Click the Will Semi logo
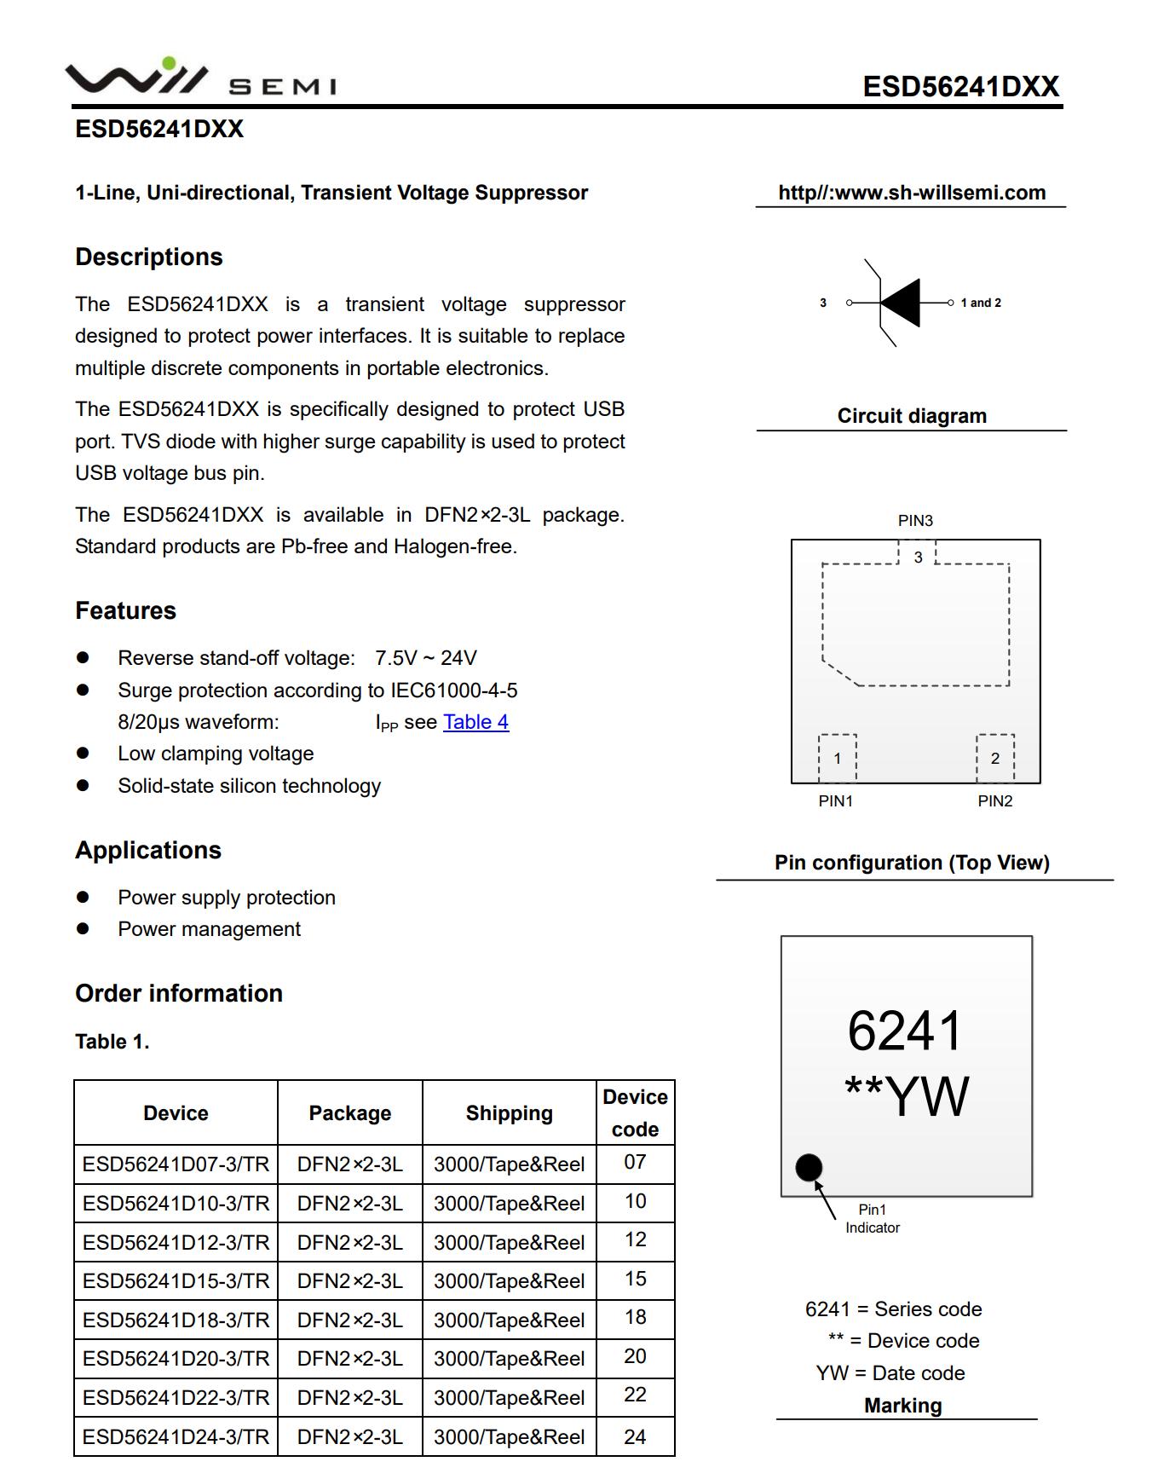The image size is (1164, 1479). [200, 78]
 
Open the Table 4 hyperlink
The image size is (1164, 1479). [475, 722]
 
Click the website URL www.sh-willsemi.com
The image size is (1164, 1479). [912, 193]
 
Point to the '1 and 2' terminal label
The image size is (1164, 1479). [981, 303]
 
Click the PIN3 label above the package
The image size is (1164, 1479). [915, 520]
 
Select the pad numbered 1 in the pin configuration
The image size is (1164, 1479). [838, 758]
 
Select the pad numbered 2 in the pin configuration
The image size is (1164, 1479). [994, 758]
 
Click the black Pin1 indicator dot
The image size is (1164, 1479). [809, 1167]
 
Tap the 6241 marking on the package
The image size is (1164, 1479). [905, 1031]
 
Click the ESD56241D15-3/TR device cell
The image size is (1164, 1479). [176, 1280]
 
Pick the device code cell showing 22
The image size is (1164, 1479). [635, 1395]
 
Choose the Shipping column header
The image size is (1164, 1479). [509, 1113]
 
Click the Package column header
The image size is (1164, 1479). [349, 1113]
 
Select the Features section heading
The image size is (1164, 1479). [125, 611]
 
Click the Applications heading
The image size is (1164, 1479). [148, 851]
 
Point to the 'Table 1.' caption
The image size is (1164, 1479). [112, 1042]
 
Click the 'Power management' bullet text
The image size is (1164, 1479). [209, 929]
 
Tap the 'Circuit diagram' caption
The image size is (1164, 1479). [912, 416]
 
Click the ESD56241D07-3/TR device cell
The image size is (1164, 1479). [176, 1164]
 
